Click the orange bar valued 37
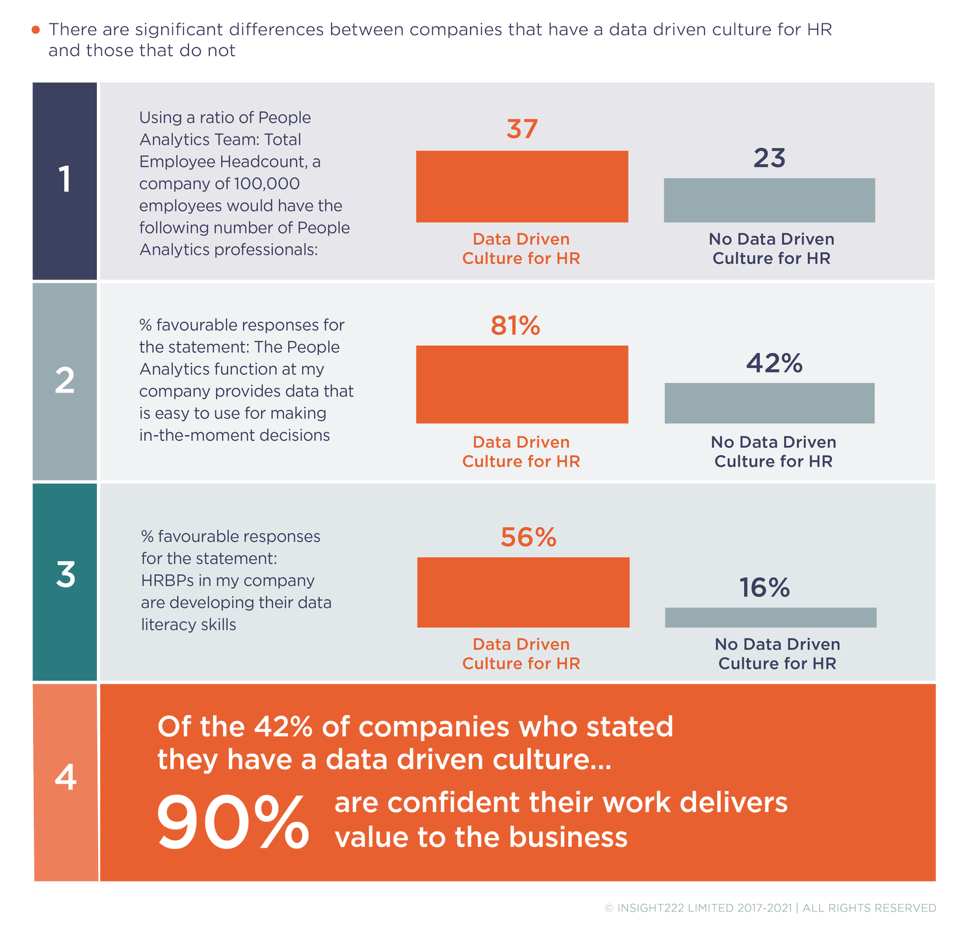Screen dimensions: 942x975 522,187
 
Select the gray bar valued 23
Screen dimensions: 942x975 769,200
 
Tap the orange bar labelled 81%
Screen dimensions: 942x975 522,384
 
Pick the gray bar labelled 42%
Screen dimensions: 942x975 769,403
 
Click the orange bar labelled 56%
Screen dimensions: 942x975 523,592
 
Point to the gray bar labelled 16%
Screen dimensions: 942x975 770,618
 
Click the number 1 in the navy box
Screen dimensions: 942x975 64,180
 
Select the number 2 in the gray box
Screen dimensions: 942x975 64,381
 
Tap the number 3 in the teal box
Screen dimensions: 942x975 65,575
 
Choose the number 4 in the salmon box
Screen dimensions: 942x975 66,777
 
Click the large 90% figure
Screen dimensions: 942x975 233,824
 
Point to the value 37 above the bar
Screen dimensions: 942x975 522,129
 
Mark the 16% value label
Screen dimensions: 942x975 764,588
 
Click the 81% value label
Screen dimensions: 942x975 515,326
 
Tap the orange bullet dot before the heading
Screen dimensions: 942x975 36,30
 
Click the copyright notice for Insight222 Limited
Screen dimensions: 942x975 770,908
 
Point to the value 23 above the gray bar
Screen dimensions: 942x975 770,159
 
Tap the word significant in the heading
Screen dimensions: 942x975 182,30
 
